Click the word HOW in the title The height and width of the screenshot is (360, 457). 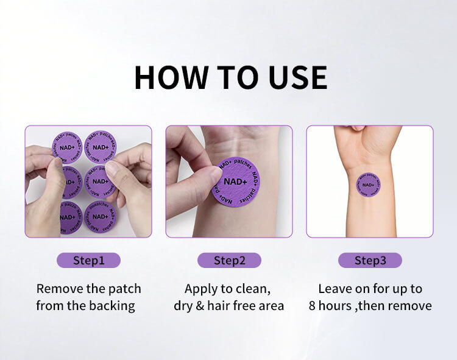pos(171,77)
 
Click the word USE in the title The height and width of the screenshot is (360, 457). pos(297,77)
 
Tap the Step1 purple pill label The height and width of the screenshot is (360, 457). pos(88,260)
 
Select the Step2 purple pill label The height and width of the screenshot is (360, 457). pos(229,260)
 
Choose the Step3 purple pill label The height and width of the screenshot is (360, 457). pos(370,260)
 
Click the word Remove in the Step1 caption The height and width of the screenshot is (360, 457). pos(60,289)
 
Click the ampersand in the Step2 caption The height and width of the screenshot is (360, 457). pos(199,306)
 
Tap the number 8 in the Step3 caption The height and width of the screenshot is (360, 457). pos(312,306)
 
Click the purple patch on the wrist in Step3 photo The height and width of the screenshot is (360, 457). pos(368,185)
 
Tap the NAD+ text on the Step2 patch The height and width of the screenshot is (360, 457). pos(235,182)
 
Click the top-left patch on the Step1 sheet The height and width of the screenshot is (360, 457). pos(67,147)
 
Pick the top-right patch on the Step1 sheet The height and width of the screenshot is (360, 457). pos(101,147)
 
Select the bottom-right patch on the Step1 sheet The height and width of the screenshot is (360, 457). pos(100,216)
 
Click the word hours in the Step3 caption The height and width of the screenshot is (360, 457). pos(335,306)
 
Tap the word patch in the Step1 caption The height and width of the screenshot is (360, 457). pos(125,289)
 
